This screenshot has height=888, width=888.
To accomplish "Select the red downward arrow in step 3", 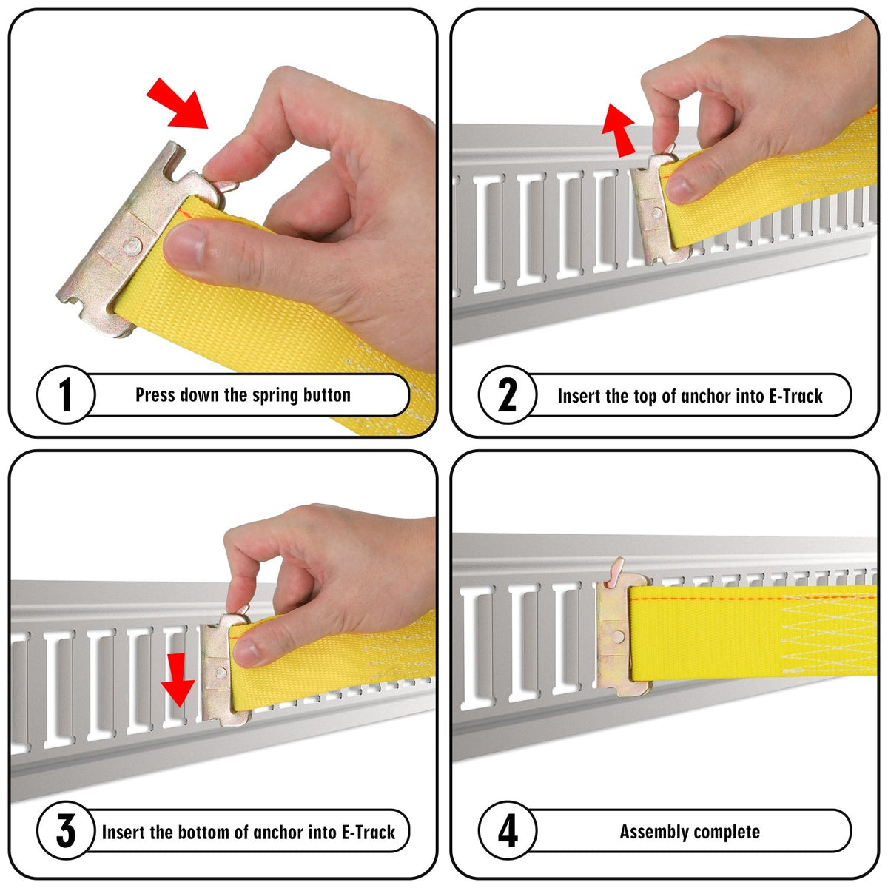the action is (178, 679).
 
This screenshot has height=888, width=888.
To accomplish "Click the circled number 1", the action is (66, 395).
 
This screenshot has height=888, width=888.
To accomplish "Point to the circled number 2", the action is (508, 395).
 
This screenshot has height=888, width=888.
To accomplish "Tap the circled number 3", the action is (66, 831).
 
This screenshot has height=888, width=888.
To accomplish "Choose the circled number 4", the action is (508, 831).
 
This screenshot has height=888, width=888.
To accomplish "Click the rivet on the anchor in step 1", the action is (132, 246).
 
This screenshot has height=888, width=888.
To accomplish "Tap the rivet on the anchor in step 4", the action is (619, 637).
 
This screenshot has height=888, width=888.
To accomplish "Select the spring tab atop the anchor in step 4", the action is (616, 572).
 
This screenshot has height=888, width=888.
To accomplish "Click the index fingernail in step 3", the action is (246, 650).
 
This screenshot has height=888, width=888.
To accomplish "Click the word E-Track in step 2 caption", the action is (795, 396).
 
